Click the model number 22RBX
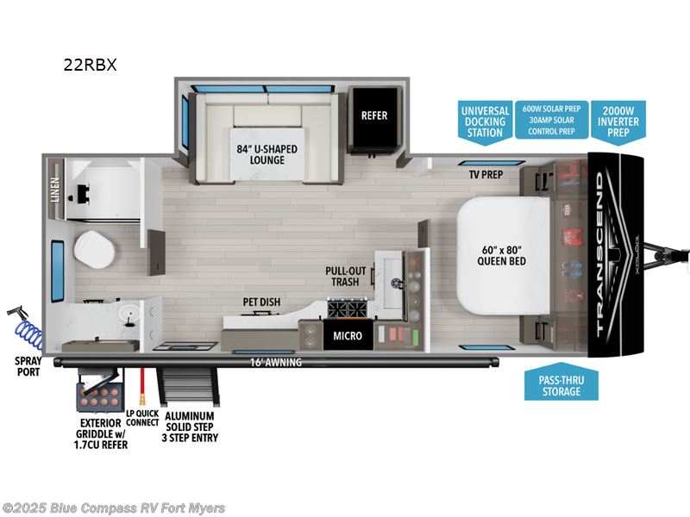[x=89, y=65]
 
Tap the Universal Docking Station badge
[x=485, y=121]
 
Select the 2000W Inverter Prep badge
[x=618, y=121]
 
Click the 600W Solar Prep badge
[x=550, y=109]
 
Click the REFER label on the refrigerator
[x=374, y=115]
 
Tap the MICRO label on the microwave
[x=348, y=335]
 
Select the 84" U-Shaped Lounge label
[x=267, y=154]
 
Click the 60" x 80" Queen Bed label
[x=501, y=255]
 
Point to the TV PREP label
[x=486, y=175]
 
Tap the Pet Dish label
[x=260, y=302]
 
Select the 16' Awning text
[x=278, y=363]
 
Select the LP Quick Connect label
[x=141, y=416]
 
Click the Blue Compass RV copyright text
[x=114, y=508]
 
